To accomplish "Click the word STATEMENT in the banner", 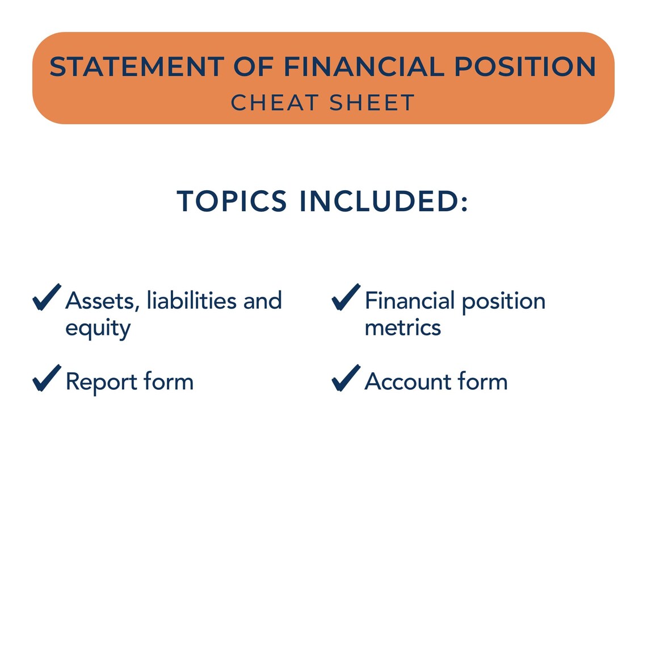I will (136, 67).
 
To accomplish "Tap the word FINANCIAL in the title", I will (363, 67).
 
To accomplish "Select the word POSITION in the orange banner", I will (525, 67).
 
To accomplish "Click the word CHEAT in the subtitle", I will (275, 103).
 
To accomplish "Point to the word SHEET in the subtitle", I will (372, 103).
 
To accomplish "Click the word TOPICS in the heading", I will (232, 201).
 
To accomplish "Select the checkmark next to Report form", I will (47, 378).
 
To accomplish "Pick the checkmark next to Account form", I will (346, 378).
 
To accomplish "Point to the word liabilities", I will (191, 301).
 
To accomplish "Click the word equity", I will (98, 329).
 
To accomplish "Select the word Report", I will (101, 382).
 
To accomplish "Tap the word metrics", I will (402, 328).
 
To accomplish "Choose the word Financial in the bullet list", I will (410, 301).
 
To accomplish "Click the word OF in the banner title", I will (254, 67).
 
